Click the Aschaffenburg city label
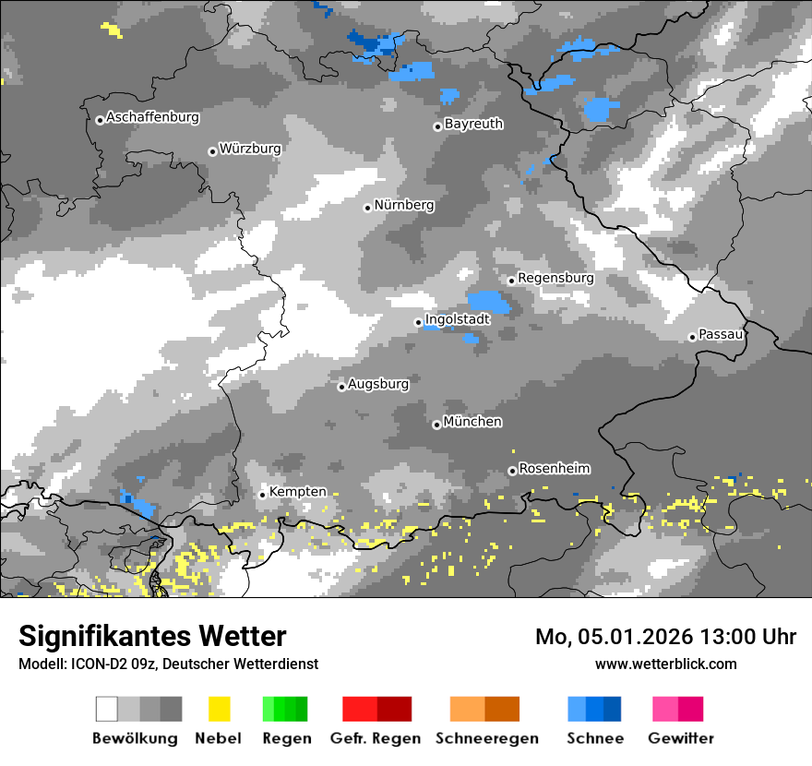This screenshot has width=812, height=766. (x=152, y=117)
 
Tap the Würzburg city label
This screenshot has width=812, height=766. (x=250, y=149)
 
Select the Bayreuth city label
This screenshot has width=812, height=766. (x=473, y=124)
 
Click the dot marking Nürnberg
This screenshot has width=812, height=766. (x=367, y=208)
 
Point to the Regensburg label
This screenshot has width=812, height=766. (x=555, y=278)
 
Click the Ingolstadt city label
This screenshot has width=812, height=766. (x=457, y=319)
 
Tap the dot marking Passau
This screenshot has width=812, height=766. (x=692, y=337)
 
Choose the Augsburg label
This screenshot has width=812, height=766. (x=378, y=384)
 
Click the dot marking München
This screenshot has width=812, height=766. (x=436, y=425)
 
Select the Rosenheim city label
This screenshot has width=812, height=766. (x=554, y=469)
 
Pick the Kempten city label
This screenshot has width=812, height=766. (x=297, y=492)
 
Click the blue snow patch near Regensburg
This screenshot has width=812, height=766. (x=488, y=302)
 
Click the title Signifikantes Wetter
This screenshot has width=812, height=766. (x=152, y=637)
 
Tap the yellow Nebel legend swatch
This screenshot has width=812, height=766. (x=219, y=709)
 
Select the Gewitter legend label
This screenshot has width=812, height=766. (x=681, y=738)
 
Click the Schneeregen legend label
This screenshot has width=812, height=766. (x=487, y=738)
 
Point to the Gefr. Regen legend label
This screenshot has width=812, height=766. (x=376, y=738)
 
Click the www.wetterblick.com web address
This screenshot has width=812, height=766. (x=665, y=664)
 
